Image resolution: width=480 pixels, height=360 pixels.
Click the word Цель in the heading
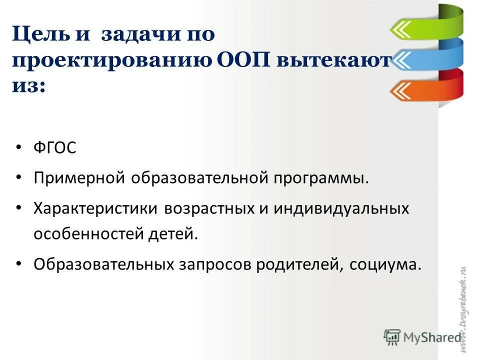pos(39,34)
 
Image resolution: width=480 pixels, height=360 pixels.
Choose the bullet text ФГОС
pos(55,149)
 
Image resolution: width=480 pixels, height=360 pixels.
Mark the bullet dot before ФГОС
pos(19,149)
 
